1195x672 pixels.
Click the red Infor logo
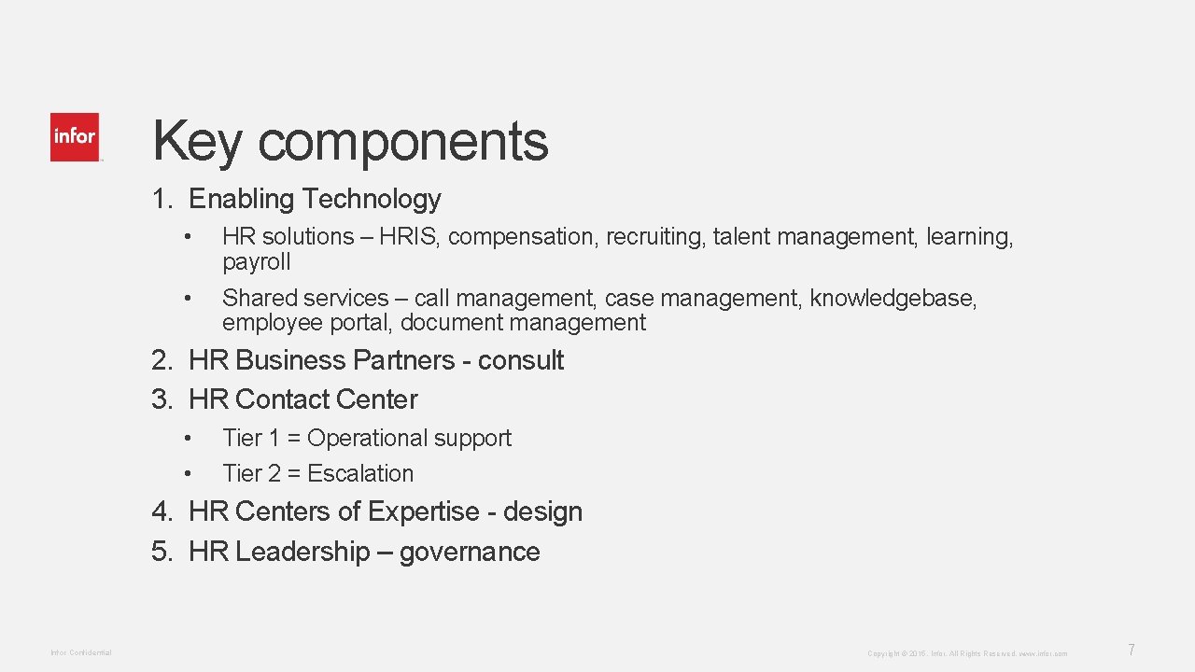pyautogui.click(x=75, y=137)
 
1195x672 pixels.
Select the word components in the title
pyautogui.click(x=403, y=142)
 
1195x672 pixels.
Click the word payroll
pyautogui.click(x=257, y=262)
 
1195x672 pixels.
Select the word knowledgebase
pyautogui.click(x=893, y=298)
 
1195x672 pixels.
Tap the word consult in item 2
pyautogui.click(x=521, y=360)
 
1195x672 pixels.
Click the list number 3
pyautogui.click(x=162, y=399)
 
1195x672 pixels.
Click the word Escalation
pyautogui.click(x=360, y=474)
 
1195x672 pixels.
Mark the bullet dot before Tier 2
pyautogui.click(x=188, y=474)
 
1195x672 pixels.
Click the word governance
pyautogui.click(x=470, y=552)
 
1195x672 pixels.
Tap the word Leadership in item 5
pyautogui.click(x=302, y=552)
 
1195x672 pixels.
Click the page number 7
pyautogui.click(x=1132, y=650)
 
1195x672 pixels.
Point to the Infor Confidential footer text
pyautogui.click(x=81, y=652)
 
